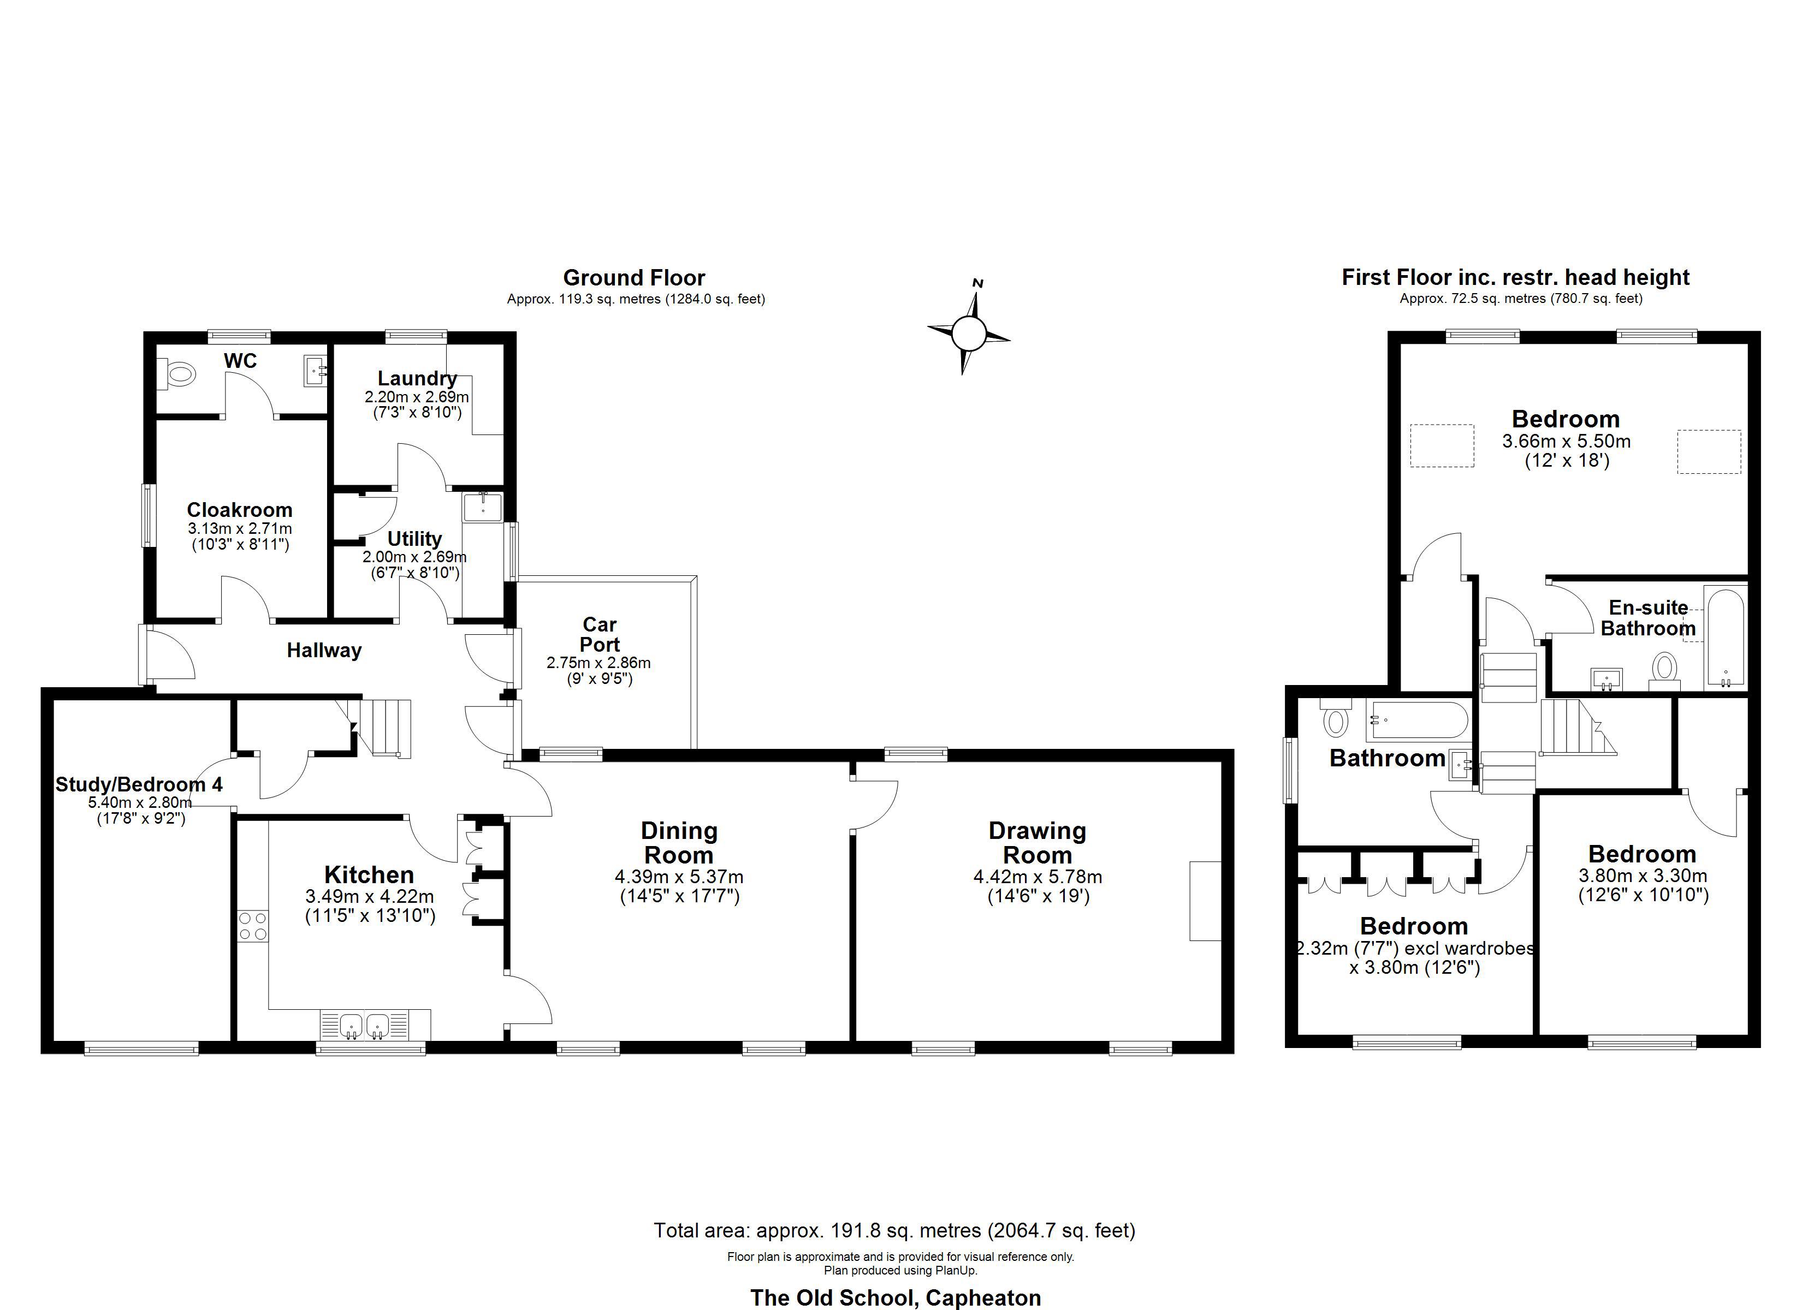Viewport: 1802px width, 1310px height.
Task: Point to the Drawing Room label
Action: (1037, 843)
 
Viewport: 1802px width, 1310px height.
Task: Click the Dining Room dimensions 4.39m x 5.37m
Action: (679, 877)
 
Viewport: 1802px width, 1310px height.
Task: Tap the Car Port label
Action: (599, 635)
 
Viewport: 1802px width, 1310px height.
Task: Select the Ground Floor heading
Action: (634, 278)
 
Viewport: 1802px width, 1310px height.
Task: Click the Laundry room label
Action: (417, 379)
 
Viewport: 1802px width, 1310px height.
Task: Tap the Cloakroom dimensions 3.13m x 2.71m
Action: (240, 528)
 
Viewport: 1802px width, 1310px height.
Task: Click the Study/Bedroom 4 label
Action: (139, 785)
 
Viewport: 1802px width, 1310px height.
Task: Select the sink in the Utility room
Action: (483, 507)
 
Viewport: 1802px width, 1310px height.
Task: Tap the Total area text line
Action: (894, 1230)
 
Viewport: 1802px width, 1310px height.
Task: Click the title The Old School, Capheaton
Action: (896, 1298)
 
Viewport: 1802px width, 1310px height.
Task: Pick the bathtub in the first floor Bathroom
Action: (1418, 720)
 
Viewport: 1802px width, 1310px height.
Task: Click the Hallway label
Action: (324, 651)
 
